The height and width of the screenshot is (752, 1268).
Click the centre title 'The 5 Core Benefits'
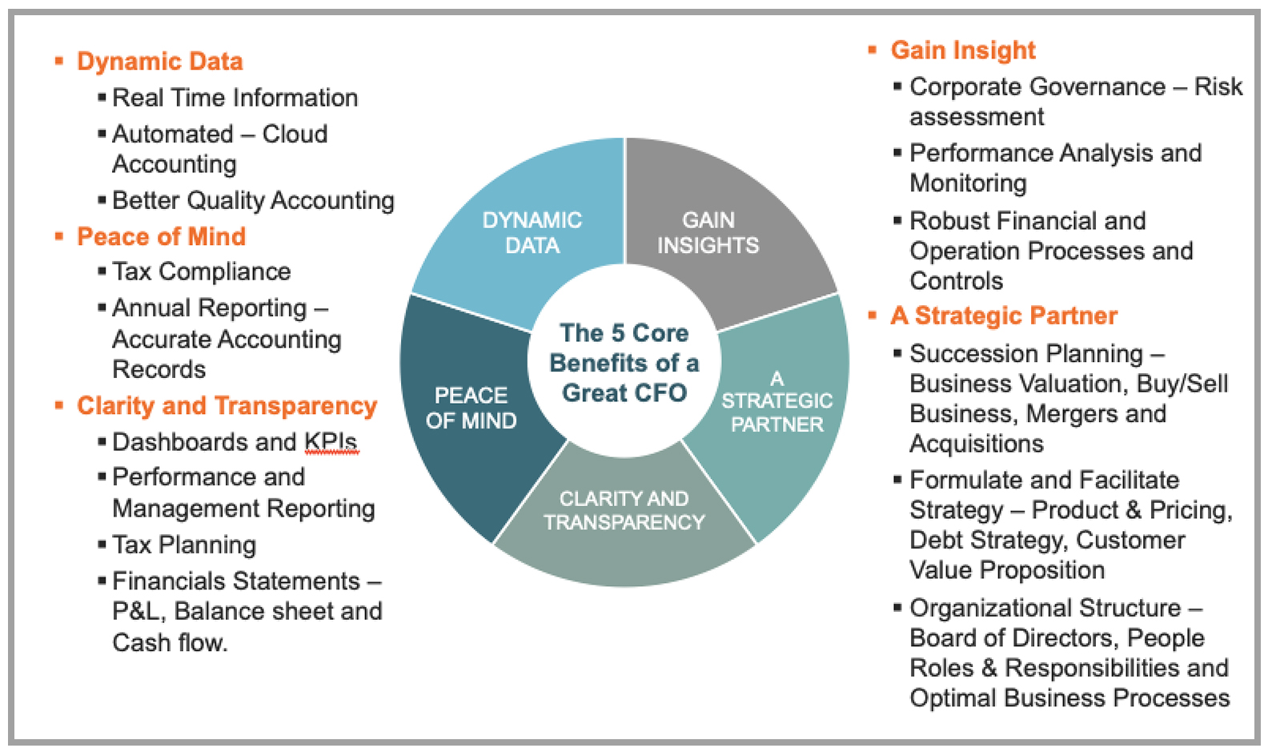click(624, 363)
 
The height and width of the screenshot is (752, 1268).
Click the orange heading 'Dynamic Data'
click(159, 62)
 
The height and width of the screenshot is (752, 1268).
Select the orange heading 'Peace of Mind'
click(161, 236)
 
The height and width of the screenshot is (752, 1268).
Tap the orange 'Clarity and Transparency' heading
click(227, 406)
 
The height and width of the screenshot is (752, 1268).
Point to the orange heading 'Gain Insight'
click(963, 50)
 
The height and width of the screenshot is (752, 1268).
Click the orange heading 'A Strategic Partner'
click(1004, 316)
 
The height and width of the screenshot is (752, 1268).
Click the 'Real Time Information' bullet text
click(235, 98)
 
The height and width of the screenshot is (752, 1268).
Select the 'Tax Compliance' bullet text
click(201, 271)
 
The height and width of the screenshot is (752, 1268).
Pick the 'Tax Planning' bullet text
click(184, 545)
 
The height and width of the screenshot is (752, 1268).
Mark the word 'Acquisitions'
click(977, 444)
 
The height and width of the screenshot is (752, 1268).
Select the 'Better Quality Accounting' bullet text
click(253, 200)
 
